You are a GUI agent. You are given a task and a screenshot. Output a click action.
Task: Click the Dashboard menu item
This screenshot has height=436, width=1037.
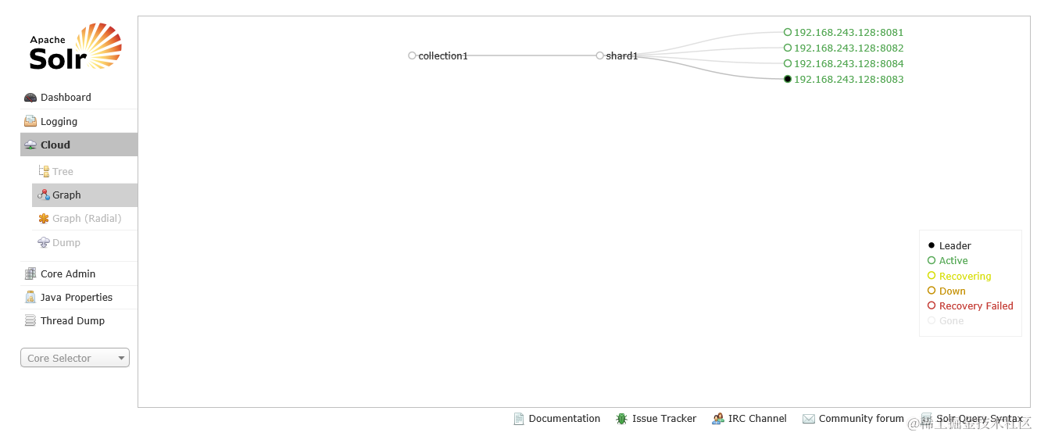66,98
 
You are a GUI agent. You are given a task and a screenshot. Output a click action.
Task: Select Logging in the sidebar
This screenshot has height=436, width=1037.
59,122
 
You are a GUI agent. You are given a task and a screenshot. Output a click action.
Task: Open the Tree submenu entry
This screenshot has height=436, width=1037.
63,172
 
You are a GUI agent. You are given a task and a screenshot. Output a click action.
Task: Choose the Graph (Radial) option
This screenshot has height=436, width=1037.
87,219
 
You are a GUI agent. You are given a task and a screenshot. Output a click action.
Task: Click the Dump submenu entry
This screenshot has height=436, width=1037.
66,243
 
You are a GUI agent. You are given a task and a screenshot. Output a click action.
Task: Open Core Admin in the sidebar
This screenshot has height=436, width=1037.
68,274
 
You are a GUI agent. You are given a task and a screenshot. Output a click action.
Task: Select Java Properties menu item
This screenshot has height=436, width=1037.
77,298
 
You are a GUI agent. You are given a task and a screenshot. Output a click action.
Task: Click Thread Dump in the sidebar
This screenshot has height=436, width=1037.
73,321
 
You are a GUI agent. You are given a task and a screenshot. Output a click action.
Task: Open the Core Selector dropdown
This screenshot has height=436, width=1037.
75,358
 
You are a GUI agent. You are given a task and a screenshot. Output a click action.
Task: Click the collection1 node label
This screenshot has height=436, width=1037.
443,56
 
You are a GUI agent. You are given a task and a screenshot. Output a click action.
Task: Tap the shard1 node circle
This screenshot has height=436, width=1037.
599,55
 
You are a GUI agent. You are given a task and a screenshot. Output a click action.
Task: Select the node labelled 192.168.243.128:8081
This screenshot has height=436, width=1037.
849,33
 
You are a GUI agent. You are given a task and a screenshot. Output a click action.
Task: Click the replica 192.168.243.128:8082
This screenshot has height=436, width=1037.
849,48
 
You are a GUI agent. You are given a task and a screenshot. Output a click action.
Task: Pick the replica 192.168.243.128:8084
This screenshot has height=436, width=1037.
849,64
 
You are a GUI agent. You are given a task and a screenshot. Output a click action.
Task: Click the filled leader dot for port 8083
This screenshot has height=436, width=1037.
788,79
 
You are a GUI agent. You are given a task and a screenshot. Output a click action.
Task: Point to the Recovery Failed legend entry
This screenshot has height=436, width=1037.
976,306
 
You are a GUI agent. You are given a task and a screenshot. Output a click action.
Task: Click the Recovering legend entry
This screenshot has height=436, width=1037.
965,277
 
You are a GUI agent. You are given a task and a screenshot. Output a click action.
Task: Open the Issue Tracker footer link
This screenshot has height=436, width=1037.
663,419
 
